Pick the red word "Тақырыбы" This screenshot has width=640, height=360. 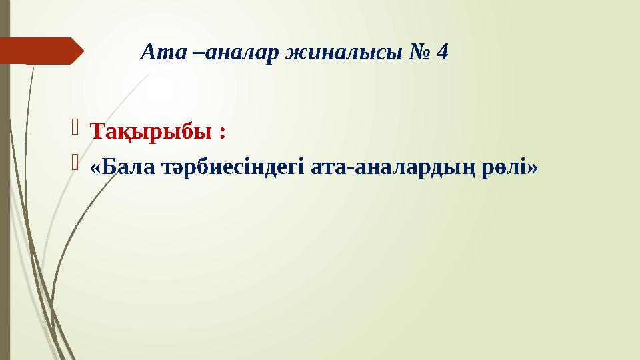coord(149,131)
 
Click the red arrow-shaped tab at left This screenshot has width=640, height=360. coord(40,51)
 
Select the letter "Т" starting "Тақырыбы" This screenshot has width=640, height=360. coord(96,131)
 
